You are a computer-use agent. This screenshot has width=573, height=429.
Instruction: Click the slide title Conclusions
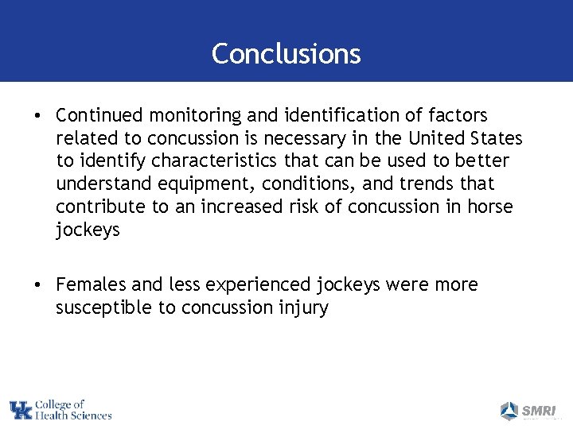[286, 53]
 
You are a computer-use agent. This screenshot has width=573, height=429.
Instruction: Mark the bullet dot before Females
[38, 285]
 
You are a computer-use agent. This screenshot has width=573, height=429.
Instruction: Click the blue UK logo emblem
[21, 410]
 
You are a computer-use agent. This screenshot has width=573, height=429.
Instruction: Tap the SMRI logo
[525, 411]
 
